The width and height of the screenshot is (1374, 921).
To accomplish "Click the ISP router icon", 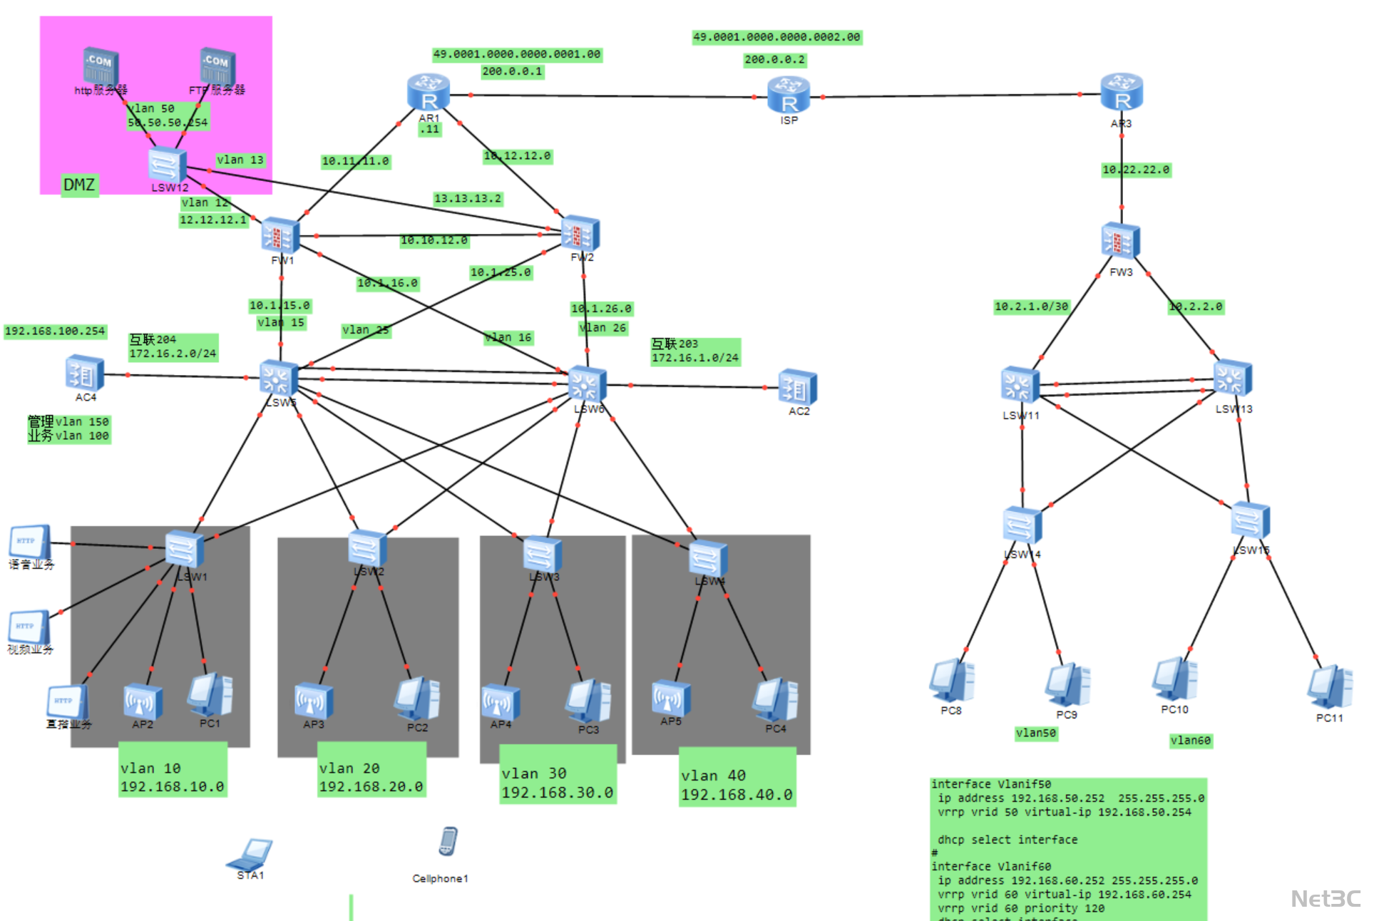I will point(789,96).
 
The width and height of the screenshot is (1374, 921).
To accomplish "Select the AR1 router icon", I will point(429,93).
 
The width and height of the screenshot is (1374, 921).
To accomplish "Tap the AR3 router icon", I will point(1122,93).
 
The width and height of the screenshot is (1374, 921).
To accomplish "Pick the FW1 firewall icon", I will point(280,235).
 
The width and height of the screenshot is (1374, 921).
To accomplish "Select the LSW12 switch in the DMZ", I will point(168,165).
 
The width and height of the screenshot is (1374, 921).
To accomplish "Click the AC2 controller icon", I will point(798,387).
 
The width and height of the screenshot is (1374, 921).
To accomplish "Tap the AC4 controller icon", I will point(85,374).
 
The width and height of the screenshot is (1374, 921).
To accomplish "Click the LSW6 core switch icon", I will point(588,384).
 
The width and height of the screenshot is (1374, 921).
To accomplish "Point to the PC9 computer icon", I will point(1067,684).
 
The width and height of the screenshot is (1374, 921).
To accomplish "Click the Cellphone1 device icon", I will point(448,841).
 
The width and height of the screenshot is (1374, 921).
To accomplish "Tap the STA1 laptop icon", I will point(250,853).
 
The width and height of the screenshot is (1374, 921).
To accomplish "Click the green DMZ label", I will point(79,185).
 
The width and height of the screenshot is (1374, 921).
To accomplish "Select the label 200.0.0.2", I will point(774,60).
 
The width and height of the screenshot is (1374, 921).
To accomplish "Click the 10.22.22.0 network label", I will point(1136,170).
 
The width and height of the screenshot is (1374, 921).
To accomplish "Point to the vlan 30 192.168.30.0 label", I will point(557,783).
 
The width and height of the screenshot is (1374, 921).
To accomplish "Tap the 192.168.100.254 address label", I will point(55,331).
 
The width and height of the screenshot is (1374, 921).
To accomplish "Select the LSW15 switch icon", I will point(1251,520).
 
